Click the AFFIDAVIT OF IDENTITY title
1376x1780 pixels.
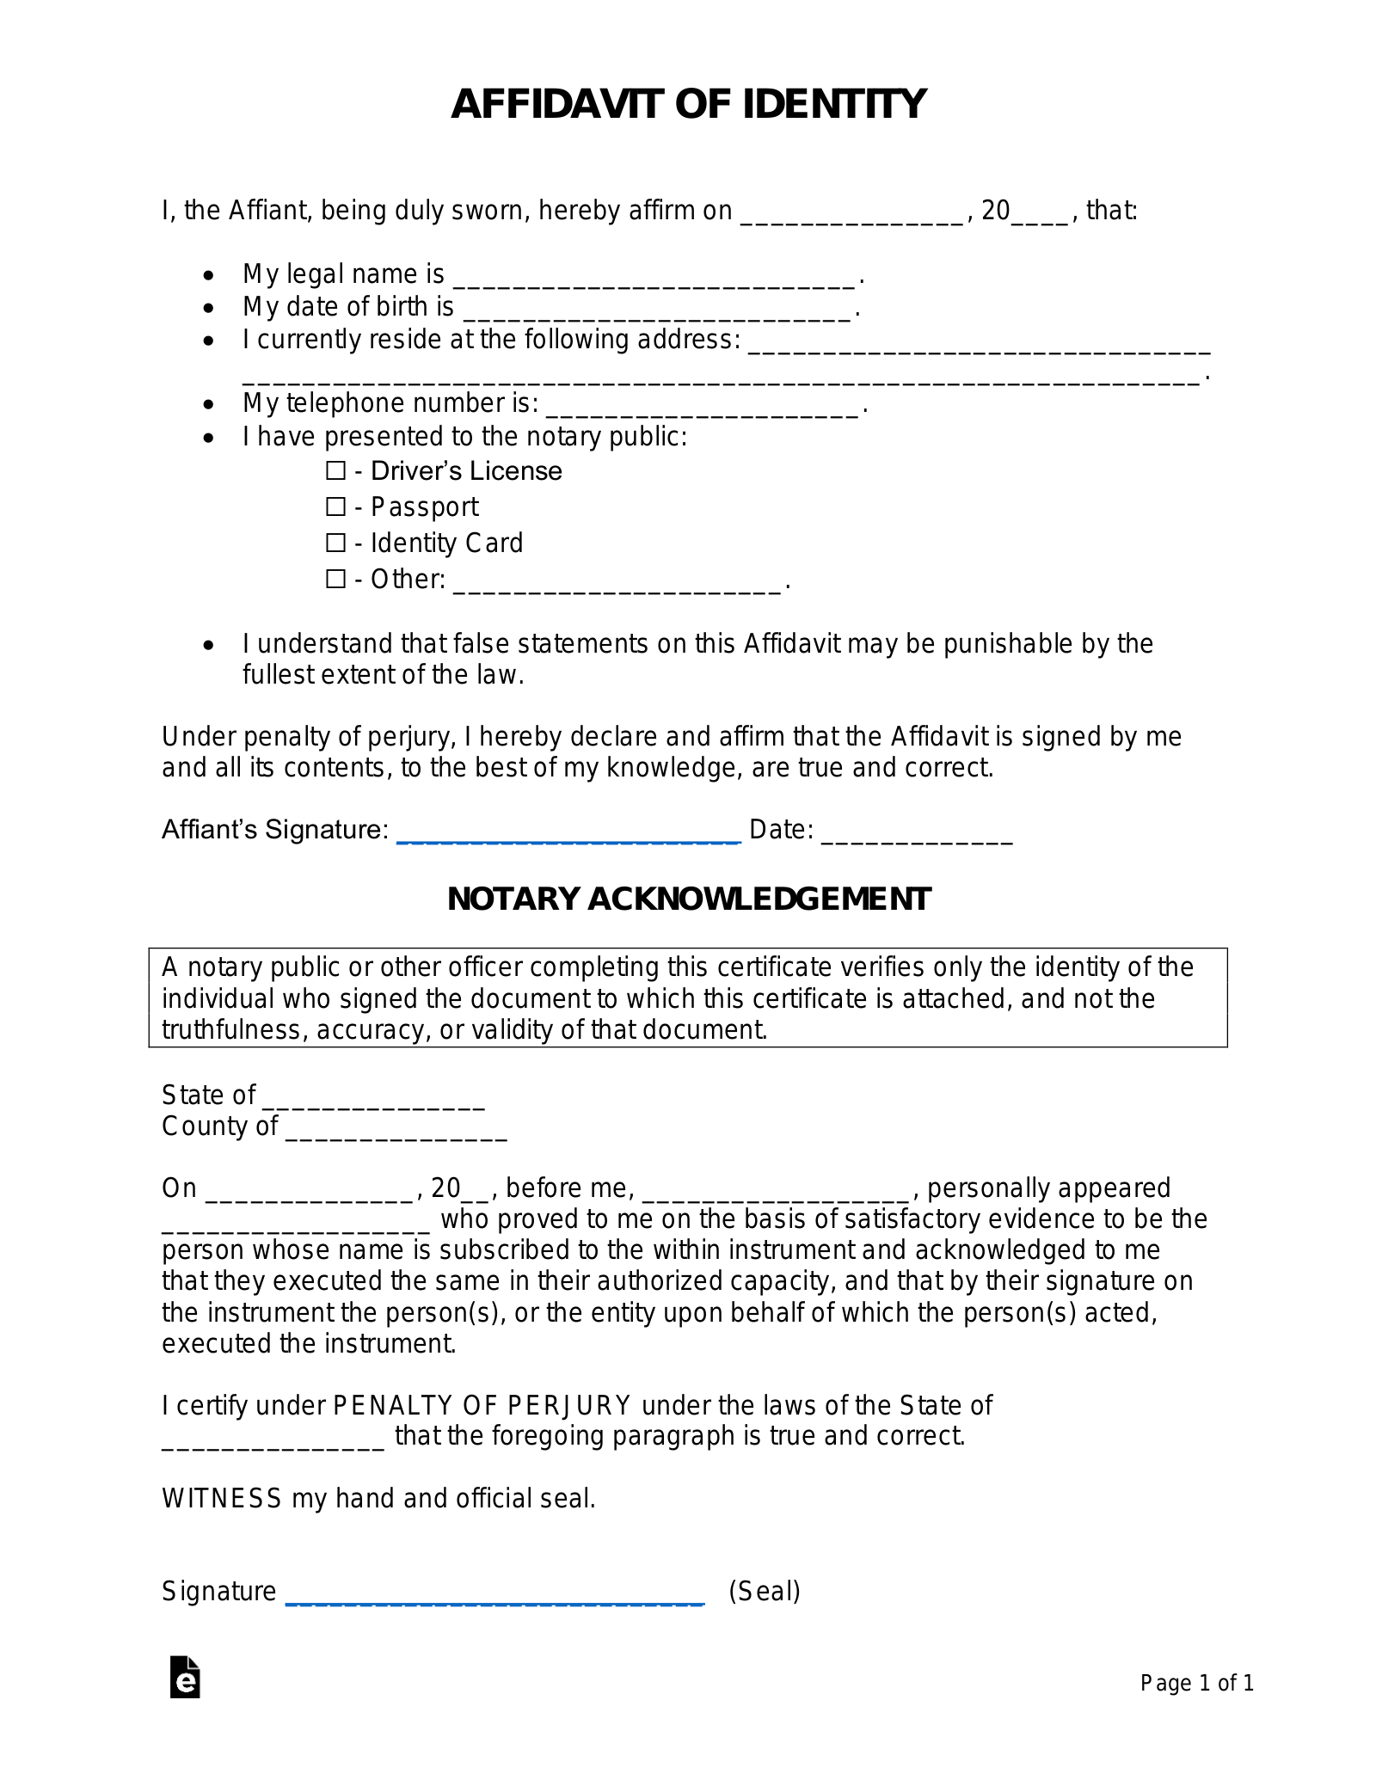tap(688, 104)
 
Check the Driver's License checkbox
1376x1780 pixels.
tap(335, 471)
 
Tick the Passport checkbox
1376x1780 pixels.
tap(335, 507)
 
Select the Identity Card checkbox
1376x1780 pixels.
tap(335, 543)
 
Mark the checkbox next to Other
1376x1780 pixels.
tap(335, 580)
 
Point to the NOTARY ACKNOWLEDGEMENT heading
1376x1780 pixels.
tap(689, 899)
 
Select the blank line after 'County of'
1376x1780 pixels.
tap(396, 1128)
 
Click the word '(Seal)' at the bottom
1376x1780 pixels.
tap(765, 1592)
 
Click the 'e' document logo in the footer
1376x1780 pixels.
tap(185, 1677)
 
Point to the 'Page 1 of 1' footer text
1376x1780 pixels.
tap(1197, 1683)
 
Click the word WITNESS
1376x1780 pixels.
tap(222, 1499)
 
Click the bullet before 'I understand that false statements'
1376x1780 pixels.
tap(208, 645)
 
